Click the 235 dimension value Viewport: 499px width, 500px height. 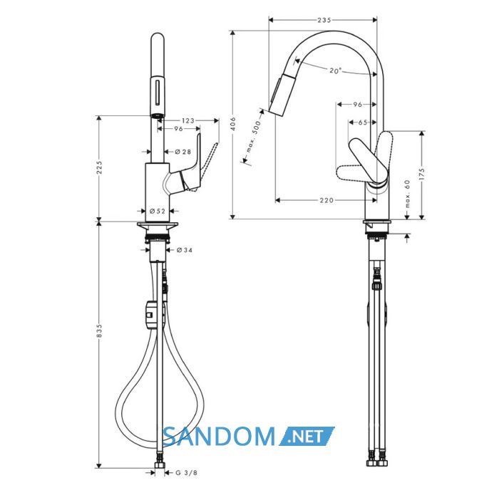[x=324, y=20]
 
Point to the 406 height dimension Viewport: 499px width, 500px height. [x=233, y=124]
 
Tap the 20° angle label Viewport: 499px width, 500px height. [x=335, y=71]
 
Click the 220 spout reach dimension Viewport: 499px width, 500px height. [x=326, y=200]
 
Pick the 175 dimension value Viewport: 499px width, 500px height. [x=422, y=175]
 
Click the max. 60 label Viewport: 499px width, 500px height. [x=407, y=194]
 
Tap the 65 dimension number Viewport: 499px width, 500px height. [x=363, y=123]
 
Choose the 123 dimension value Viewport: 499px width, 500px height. [x=188, y=120]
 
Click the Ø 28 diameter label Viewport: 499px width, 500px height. [x=183, y=152]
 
